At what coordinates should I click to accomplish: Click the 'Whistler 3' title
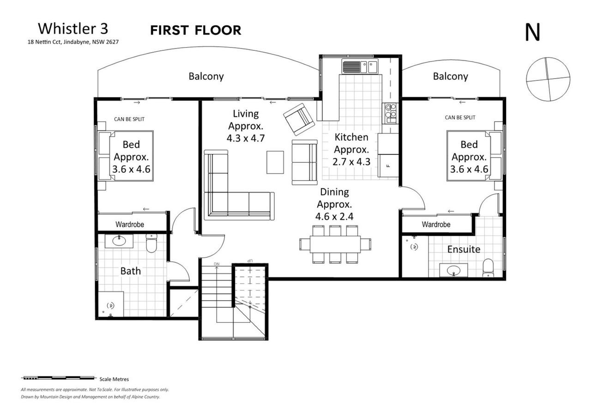click(x=73, y=29)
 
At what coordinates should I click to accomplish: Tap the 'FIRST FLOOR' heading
click(x=195, y=30)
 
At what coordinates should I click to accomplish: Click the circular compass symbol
click(x=548, y=79)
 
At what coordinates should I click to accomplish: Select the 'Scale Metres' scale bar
click(x=58, y=378)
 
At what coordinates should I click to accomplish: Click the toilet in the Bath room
click(x=151, y=243)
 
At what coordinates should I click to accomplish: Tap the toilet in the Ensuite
click(x=488, y=267)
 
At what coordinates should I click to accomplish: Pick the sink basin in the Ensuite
click(x=453, y=270)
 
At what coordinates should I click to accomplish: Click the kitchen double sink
click(x=360, y=66)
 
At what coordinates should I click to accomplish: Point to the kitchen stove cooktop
click(x=391, y=113)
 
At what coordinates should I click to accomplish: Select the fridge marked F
click(x=388, y=165)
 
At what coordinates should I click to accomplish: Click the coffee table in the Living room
click(x=275, y=162)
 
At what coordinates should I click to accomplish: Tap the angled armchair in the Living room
click(x=299, y=119)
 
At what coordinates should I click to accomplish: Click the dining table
click(x=335, y=244)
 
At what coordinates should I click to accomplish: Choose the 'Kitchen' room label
click(x=351, y=137)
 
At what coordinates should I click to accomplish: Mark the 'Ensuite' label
click(x=464, y=249)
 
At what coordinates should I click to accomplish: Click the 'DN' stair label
click(x=217, y=264)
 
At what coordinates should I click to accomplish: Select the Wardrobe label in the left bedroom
click(x=130, y=224)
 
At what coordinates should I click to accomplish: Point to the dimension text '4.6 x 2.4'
click(x=334, y=217)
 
